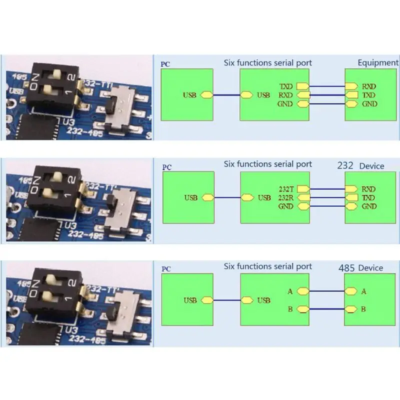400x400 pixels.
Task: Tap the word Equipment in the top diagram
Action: pyautogui.click(x=378, y=62)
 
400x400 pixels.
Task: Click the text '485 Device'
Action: pyautogui.click(x=360, y=268)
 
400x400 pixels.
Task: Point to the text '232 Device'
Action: pyautogui.click(x=360, y=165)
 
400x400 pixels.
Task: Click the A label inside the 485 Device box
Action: pyautogui.click(x=363, y=291)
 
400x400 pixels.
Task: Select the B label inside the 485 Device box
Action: pyautogui.click(x=363, y=309)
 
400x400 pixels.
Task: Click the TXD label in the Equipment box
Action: pyautogui.click(x=369, y=95)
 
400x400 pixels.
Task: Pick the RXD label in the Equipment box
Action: pyautogui.click(x=369, y=86)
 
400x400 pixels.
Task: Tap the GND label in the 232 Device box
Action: pyautogui.click(x=369, y=206)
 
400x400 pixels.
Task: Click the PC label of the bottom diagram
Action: pyautogui.click(x=166, y=269)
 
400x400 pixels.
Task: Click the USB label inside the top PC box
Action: pyautogui.click(x=190, y=95)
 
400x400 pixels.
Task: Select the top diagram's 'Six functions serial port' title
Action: pyautogui.click(x=267, y=63)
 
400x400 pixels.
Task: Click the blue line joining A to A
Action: pyautogui.click(x=327, y=291)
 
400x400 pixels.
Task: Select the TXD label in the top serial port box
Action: pyautogui.click(x=285, y=86)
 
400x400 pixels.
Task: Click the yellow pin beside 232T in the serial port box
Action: pyautogui.click(x=302, y=189)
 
